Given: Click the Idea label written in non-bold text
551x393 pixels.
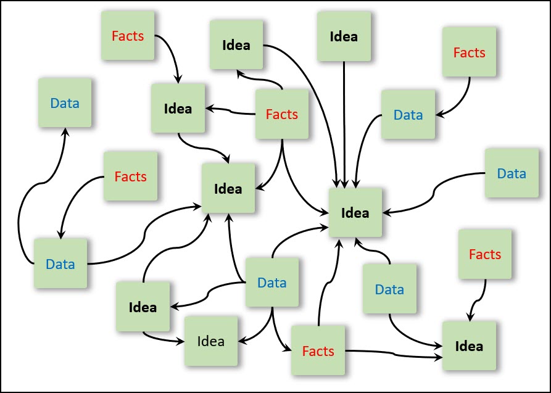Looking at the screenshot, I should pyautogui.click(x=211, y=341).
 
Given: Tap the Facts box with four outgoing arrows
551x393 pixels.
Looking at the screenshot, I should pyautogui.click(x=282, y=114).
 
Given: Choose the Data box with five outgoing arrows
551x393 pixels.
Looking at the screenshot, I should pyautogui.click(x=272, y=283).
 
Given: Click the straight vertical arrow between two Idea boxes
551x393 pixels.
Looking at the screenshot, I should pyautogui.click(x=344, y=123).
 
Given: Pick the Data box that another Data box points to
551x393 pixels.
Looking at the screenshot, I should pyautogui.click(x=65, y=103).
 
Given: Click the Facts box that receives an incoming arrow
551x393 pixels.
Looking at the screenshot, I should pyautogui.click(x=318, y=351).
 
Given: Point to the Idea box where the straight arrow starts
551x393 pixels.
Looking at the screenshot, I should pyautogui.click(x=344, y=36).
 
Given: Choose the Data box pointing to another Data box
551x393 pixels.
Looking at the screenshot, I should pyautogui.click(x=60, y=264).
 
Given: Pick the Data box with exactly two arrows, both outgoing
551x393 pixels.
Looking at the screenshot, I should pyautogui.click(x=389, y=289).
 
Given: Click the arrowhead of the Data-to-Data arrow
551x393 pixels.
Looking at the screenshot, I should pyautogui.click(x=65, y=131).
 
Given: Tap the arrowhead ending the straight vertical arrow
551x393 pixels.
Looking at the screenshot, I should pyautogui.click(x=344, y=183).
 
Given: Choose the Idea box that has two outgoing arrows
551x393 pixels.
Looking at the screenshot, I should pyautogui.click(x=143, y=307).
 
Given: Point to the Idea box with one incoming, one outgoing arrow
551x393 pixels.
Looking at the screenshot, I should pyautogui.click(x=178, y=109).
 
